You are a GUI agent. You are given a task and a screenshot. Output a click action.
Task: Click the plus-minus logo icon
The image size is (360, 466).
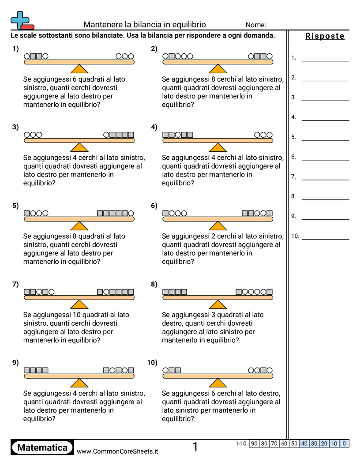[x=22, y=20]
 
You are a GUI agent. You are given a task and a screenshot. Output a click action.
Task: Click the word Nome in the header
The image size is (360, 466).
[x=256, y=25]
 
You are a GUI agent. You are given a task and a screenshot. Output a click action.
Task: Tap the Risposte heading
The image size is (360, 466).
[x=325, y=36]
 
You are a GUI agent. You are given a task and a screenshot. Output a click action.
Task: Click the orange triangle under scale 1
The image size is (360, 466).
[x=79, y=69]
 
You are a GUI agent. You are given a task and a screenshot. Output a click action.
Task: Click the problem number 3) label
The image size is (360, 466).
[x=15, y=127]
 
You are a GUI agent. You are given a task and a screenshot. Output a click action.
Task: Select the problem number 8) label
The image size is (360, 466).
[x=154, y=284]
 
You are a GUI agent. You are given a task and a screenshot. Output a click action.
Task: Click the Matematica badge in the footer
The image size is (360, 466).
[x=42, y=447]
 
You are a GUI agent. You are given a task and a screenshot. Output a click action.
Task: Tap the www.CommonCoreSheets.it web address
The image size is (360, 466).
[x=117, y=451]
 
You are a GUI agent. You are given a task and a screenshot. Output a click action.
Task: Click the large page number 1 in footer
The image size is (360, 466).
[x=195, y=447]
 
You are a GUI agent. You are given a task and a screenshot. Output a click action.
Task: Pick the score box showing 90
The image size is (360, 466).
[x=254, y=443]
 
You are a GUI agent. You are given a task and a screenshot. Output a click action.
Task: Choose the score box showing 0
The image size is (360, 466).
[x=344, y=443]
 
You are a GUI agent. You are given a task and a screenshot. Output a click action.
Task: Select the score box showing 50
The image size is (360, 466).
[x=294, y=443]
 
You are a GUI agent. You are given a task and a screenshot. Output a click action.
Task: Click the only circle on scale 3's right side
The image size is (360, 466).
[x=106, y=135]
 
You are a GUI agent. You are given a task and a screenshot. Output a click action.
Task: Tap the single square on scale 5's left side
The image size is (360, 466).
[x=26, y=213]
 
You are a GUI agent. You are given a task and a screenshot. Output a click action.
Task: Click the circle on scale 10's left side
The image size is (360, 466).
[x=165, y=370]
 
